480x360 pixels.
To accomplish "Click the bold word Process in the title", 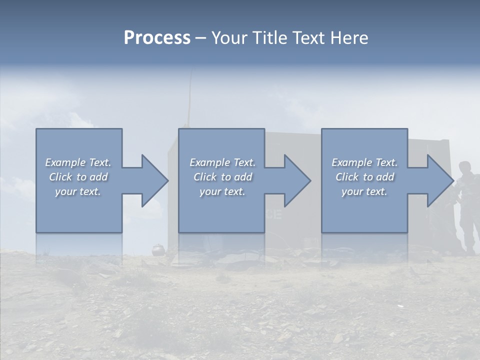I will (157, 38).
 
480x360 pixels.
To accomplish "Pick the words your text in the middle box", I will (222, 191).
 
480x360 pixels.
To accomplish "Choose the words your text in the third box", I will (364, 191).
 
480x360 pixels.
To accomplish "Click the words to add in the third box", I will (378, 177).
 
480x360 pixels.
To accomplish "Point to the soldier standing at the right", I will (466, 205).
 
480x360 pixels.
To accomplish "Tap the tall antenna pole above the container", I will (189, 100).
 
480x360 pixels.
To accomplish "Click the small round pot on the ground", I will (158, 248).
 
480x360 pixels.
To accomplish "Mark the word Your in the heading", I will (229, 38).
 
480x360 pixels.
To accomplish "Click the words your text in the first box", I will (77, 191).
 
